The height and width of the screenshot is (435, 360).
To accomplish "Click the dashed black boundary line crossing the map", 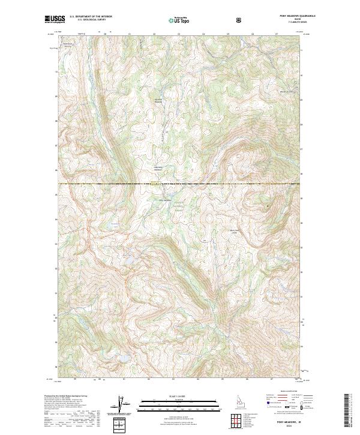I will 180,182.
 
